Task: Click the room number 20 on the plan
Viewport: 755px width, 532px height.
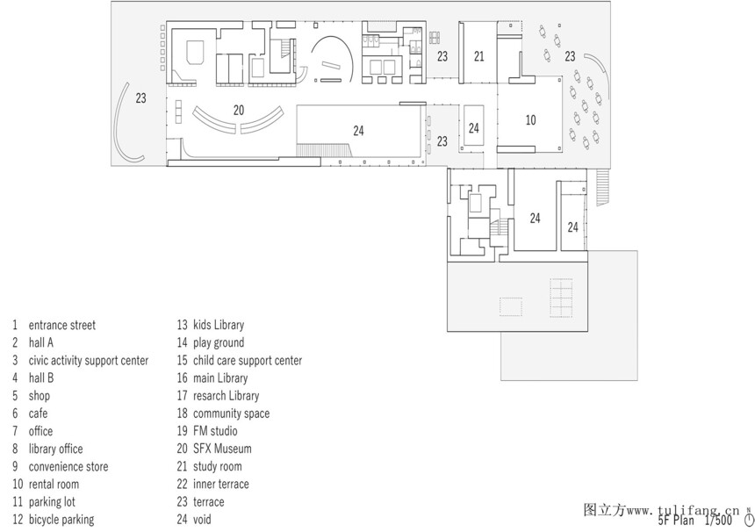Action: [239, 111]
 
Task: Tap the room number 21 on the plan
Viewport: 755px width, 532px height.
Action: [478, 56]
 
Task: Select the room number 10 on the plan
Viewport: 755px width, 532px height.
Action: [530, 120]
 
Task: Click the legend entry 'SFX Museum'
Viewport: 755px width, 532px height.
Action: [222, 449]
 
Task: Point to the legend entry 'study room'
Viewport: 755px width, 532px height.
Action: [217, 466]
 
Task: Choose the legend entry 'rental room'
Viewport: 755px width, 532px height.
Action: [54, 485]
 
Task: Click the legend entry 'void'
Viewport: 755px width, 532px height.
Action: [202, 520]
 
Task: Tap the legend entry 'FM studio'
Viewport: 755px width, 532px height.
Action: [215, 431]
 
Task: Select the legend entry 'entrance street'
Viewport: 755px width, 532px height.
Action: [62, 325]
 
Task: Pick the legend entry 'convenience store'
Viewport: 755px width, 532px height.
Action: [68, 466]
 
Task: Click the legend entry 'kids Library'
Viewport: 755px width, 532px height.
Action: [219, 325]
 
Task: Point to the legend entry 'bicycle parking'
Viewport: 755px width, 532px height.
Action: [61, 520]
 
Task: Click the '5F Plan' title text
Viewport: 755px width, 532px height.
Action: [676, 521]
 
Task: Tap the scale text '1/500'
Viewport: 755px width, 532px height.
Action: [718, 521]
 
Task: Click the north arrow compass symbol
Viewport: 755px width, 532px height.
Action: [749, 519]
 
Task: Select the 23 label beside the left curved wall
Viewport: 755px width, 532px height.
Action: [140, 98]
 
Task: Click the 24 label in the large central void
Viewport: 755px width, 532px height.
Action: [358, 131]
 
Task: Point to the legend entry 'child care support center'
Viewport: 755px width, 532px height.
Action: [248, 361]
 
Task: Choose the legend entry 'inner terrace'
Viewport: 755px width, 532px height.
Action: [221, 484]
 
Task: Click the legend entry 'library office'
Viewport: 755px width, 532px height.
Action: [55, 449]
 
